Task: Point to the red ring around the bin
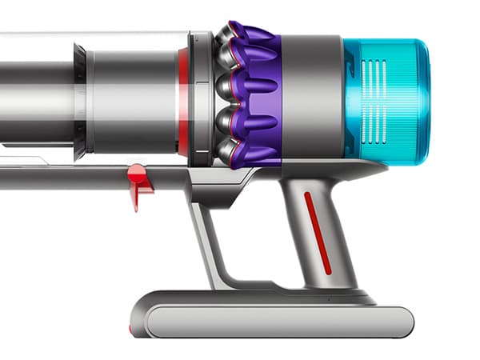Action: [183, 100]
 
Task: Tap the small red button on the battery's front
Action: [132, 328]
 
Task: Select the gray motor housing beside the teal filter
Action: [312, 96]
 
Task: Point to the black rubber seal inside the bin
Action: [80, 100]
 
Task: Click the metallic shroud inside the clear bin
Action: [128, 100]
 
